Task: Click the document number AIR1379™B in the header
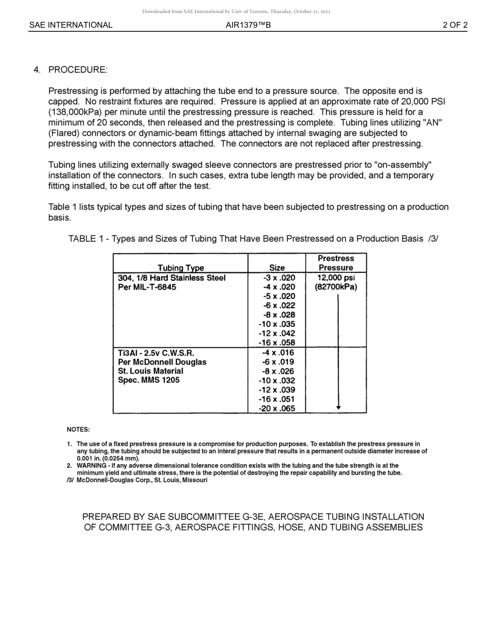tap(248, 25)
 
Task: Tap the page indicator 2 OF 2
tap(455, 25)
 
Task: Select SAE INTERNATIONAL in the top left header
tap(71, 25)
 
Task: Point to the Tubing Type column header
tap(180, 268)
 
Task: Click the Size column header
tap(276, 268)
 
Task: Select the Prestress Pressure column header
tap(335, 263)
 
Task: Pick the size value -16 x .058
tap(277, 343)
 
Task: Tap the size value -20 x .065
tap(277, 409)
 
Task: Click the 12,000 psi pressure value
tap(336, 278)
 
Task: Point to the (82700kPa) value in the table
tap(336, 288)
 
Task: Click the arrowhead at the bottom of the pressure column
tap(338, 407)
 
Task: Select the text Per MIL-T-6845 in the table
tap(147, 288)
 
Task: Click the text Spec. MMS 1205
tap(149, 381)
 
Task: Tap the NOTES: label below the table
tap(78, 430)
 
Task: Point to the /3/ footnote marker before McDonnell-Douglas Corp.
tap(70, 480)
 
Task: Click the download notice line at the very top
tap(236, 12)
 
